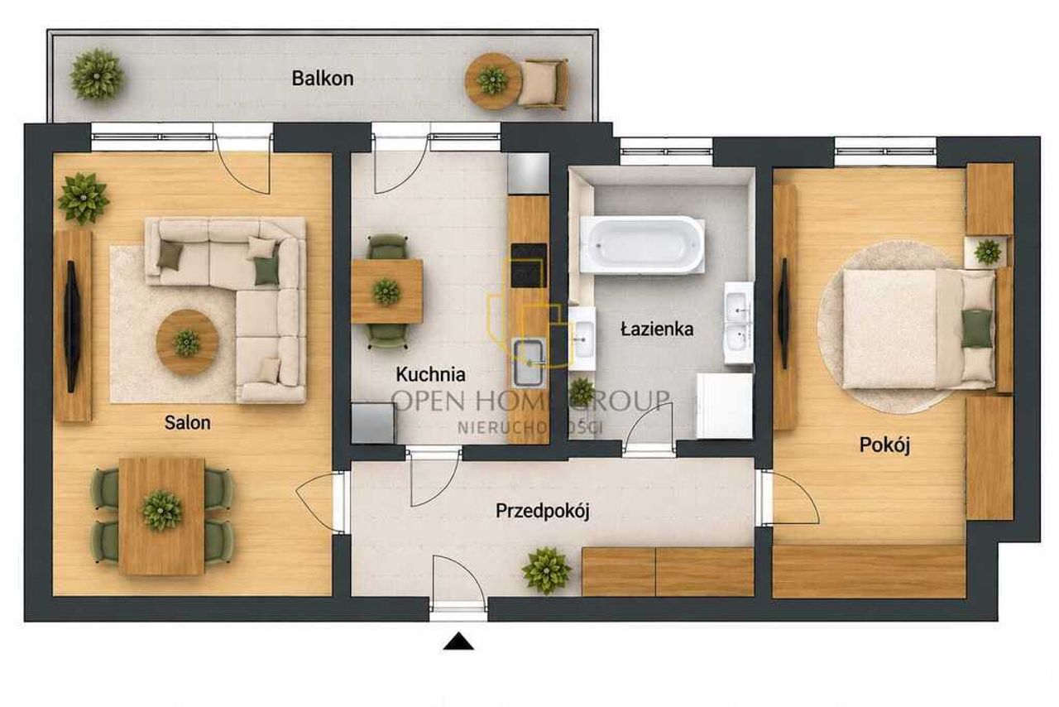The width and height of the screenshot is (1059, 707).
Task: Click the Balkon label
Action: point(323,79)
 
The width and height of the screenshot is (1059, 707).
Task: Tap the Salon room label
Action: point(187,422)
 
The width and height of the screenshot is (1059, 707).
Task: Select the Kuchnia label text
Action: point(431,374)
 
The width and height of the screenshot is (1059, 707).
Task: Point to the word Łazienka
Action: point(657,329)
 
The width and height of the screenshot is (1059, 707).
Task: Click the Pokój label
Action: point(884,445)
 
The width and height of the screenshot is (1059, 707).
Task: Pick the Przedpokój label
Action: point(543,512)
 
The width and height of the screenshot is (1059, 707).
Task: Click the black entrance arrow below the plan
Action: point(458,642)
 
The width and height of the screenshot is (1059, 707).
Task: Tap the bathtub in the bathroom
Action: point(642,245)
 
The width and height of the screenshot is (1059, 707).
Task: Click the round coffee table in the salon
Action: point(187,342)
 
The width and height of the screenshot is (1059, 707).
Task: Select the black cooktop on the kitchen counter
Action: point(529,266)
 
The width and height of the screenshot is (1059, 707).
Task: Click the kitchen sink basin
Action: point(528,363)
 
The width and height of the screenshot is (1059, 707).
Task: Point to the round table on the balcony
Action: point(492,81)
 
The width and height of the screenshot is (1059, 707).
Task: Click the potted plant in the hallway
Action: point(547,570)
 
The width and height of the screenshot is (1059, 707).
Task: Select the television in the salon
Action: point(72,326)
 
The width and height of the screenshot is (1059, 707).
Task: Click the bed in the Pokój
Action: point(919,329)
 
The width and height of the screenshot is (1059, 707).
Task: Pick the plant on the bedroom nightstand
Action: point(988,252)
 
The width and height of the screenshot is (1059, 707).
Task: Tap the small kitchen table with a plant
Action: point(386,291)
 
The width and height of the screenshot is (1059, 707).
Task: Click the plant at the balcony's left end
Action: point(97,75)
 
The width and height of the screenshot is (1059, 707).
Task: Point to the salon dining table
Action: point(161,517)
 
